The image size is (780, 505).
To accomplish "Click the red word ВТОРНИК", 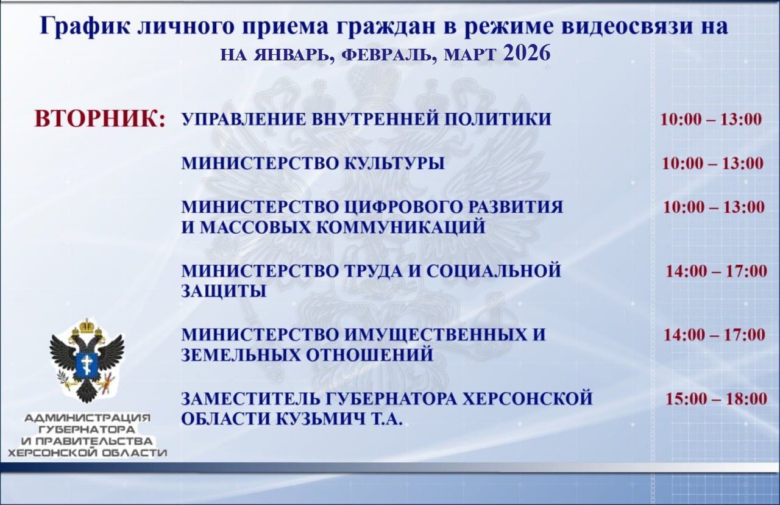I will click(100, 118).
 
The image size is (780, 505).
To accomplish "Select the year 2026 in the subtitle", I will click(527, 54).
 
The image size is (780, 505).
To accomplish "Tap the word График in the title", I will click(80, 27).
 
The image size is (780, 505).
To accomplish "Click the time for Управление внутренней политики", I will click(711, 119).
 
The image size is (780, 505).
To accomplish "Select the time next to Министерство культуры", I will click(712, 163).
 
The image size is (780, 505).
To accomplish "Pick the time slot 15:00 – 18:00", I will click(716, 399).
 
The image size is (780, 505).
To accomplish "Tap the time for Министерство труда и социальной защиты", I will click(716, 271).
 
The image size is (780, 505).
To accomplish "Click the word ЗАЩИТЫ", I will click(224, 292).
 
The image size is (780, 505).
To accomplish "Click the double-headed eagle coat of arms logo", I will click(87, 360).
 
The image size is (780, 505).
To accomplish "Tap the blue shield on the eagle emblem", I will click(87, 364).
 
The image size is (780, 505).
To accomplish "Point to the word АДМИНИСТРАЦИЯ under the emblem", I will click(87, 418).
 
